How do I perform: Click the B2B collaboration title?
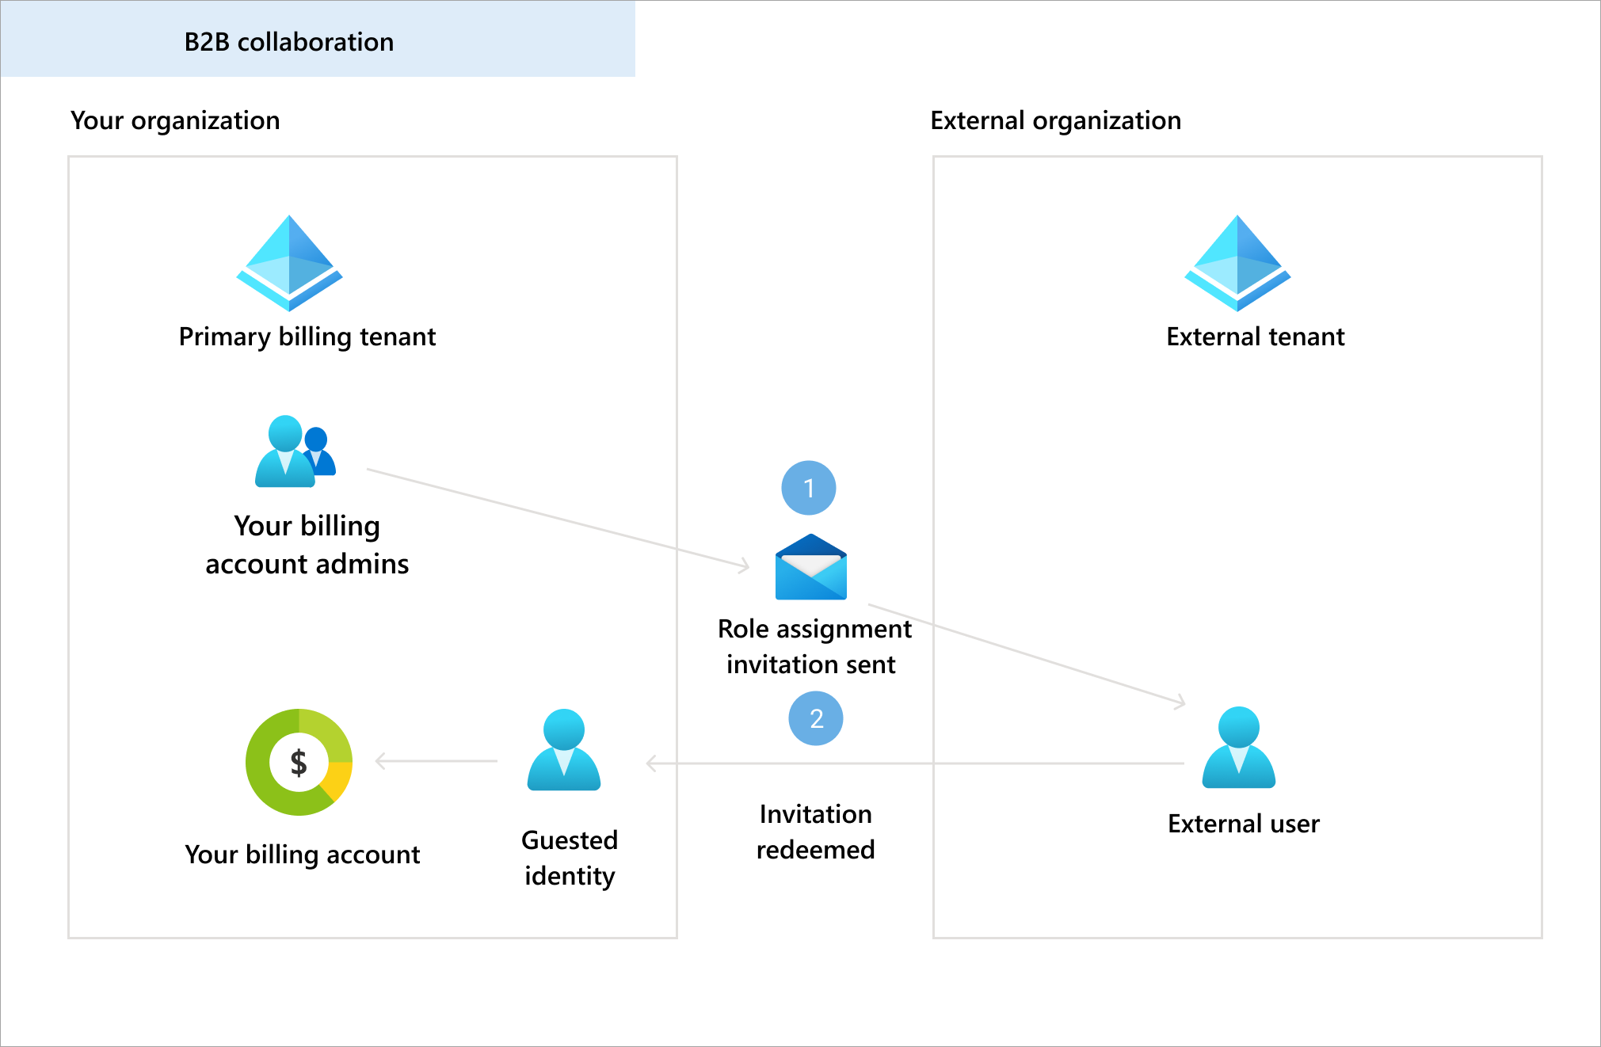288,42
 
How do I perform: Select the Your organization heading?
175,120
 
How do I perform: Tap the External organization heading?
1055,120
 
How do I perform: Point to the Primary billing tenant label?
307,337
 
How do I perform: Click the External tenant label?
1255,337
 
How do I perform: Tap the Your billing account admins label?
307,545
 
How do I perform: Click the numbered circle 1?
808,488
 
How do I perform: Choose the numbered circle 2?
816,718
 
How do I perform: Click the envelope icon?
810,567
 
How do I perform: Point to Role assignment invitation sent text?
814,646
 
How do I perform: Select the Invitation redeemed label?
815,832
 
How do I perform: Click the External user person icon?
1238,748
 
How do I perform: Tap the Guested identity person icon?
563,750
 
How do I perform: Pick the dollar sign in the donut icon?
298,762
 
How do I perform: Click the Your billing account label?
302,855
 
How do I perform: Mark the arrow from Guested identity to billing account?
436,761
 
